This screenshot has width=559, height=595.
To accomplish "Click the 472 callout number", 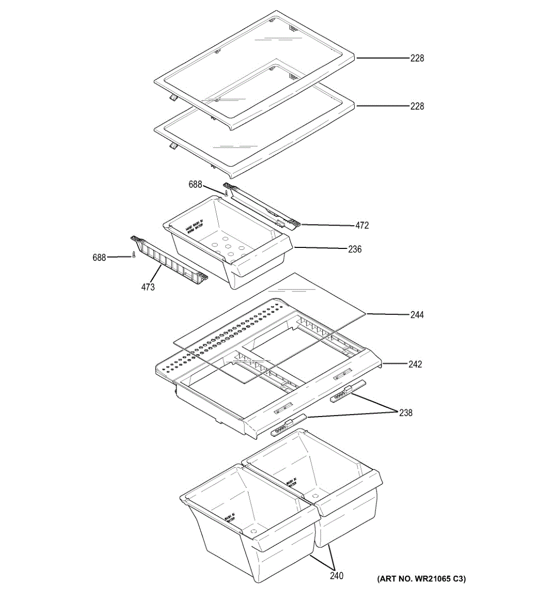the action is click(x=362, y=226).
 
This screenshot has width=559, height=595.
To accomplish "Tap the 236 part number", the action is click(x=355, y=249).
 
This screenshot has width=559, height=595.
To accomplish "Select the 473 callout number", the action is click(x=147, y=287).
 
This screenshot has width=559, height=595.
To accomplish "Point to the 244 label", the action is click(x=417, y=315).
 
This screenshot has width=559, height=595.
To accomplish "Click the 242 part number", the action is click(x=415, y=364).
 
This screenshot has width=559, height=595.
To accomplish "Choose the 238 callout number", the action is click(x=406, y=413).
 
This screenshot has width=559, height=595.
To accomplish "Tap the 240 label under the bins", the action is click(x=336, y=576).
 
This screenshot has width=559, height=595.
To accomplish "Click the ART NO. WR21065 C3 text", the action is click(x=421, y=579).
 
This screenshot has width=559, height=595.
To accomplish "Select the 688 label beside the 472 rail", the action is click(x=195, y=184).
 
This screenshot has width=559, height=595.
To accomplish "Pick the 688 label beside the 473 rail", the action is click(x=99, y=257).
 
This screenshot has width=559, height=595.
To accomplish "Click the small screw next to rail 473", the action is click(x=133, y=255).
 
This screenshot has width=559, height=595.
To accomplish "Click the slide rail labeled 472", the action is click(x=263, y=206).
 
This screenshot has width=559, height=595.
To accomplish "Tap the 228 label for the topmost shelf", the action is click(x=417, y=59).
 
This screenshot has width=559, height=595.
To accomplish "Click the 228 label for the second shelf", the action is click(x=417, y=106).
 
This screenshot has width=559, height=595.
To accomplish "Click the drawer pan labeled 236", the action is click(x=228, y=243).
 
